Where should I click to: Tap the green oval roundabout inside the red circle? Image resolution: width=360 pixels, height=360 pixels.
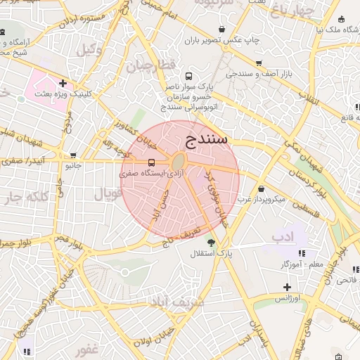179,162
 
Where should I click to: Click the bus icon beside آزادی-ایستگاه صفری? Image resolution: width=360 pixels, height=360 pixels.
133,163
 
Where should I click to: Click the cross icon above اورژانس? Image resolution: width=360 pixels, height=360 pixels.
287,287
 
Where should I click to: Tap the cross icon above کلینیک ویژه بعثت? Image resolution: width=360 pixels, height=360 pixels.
63,84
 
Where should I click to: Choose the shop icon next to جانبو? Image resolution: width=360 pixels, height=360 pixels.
74,156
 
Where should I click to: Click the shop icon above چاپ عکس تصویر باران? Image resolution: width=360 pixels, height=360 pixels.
222,30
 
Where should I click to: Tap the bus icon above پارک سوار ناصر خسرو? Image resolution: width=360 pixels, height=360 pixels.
188,76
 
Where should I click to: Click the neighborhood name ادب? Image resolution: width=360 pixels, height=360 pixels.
283,236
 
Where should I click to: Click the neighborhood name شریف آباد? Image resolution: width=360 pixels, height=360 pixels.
177,302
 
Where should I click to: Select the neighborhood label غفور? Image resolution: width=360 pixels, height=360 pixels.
88,349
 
